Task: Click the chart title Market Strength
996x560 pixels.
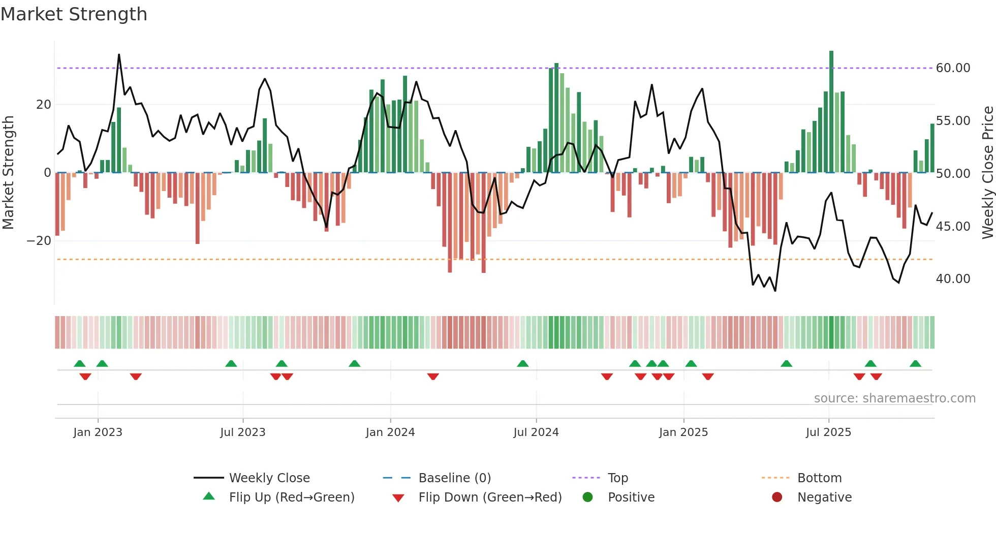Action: pos(74,14)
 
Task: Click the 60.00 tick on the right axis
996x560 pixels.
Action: pos(953,68)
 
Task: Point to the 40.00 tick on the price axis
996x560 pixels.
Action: pos(953,279)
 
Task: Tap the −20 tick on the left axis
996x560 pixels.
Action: pos(39,241)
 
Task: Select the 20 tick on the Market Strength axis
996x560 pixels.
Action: pos(44,105)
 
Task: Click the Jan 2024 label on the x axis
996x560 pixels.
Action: pos(390,432)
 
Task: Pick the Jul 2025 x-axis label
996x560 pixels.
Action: pos(828,432)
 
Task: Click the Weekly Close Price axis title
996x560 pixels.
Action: pos(987,172)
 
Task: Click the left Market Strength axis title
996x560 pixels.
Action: pos(9,172)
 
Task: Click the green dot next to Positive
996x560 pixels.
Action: pos(587,497)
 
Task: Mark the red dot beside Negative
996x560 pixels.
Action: pos(776,497)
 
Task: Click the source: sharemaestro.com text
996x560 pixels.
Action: pos(894,398)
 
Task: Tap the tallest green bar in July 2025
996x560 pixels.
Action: pos(831,112)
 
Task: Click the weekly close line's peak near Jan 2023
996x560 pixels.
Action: pos(119,55)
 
